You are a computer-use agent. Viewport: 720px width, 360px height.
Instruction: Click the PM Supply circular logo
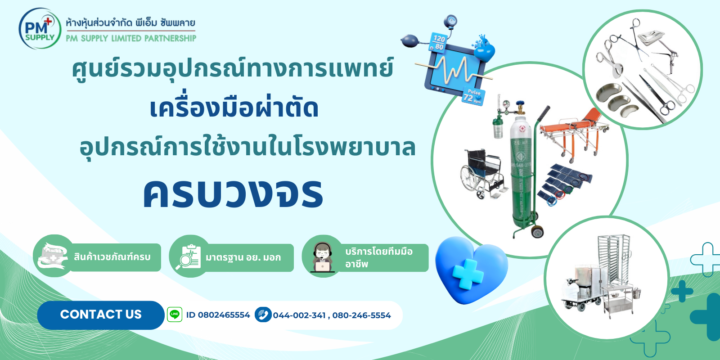tap(40, 29)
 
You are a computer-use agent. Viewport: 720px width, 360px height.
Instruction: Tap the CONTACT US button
tap(101, 315)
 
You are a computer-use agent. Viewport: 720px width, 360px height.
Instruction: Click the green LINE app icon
tap(175, 315)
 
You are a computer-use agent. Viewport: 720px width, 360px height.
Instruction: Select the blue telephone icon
tap(263, 315)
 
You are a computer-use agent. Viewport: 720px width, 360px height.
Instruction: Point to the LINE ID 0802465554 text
tap(218, 315)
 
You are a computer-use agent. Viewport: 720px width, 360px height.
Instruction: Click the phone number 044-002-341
tap(299, 315)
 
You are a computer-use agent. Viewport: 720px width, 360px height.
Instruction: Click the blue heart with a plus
tap(471, 270)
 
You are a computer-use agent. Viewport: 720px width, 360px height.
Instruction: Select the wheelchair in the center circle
tap(484, 174)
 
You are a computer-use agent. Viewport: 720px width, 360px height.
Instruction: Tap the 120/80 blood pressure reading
tap(438, 43)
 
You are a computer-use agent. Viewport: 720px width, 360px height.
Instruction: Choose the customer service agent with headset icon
tap(322, 257)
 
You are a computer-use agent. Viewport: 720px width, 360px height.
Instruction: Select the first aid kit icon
tap(52, 256)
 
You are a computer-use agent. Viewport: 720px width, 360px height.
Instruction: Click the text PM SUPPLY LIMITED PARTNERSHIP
tap(131, 39)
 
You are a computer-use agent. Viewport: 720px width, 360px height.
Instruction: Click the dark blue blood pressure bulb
tap(410, 41)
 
